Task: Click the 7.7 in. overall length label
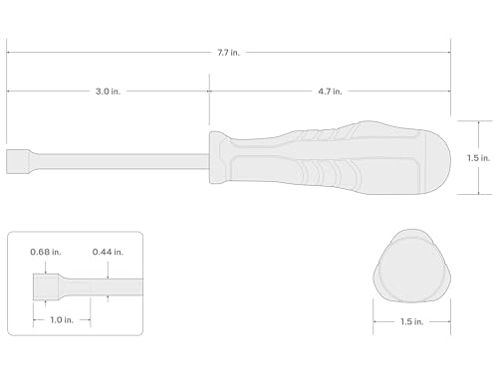[228, 53]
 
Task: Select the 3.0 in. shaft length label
[108, 92]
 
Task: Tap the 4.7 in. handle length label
[330, 92]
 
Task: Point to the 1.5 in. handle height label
[478, 158]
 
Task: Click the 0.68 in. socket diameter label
[46, 252]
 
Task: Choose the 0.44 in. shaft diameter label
[108, 252]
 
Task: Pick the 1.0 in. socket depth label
[62, 320]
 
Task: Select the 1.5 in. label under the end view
[412, 321]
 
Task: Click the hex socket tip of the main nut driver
[18, 161]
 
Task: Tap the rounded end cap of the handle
[438, 160]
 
